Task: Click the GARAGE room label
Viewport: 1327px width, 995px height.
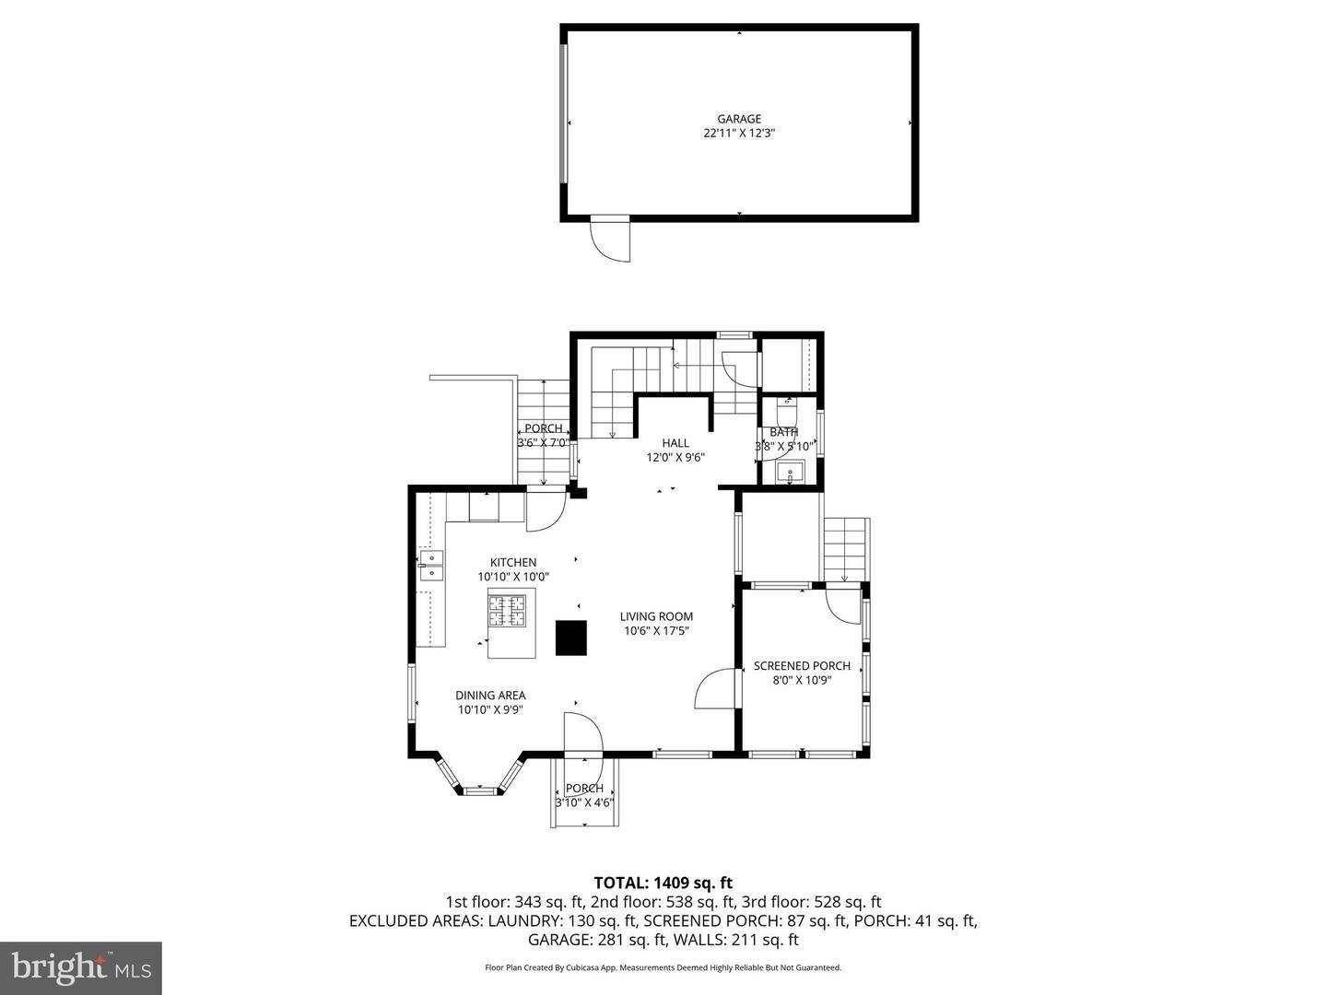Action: tap(739, 119)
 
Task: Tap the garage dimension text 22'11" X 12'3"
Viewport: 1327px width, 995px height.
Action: tap(739, 134)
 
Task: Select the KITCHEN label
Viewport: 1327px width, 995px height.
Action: tap(513, 563)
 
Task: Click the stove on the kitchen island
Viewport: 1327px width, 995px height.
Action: tap(508, 610)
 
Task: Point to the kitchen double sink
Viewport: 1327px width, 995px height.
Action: tap(431, 565)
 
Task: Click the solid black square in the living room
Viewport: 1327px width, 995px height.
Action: tap(571, 638)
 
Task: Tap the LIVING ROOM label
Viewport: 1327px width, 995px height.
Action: tap(656, 617)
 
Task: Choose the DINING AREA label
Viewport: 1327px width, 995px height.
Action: tap(490, 696)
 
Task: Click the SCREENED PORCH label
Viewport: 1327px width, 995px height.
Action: tap(802, 666)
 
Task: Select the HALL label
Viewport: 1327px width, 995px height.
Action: tap(675, 443)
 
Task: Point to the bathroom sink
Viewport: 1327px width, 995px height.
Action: tap(790, 474)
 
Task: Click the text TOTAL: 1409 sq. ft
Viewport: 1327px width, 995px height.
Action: tap(663, 883)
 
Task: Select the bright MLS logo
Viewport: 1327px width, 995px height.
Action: tap(81, 967)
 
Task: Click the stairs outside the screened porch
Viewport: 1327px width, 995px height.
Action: tap(846, 549)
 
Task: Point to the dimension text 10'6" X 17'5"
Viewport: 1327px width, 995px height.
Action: tap(656, 631)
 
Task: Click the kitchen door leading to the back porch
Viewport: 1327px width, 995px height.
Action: tap(544, 512)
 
